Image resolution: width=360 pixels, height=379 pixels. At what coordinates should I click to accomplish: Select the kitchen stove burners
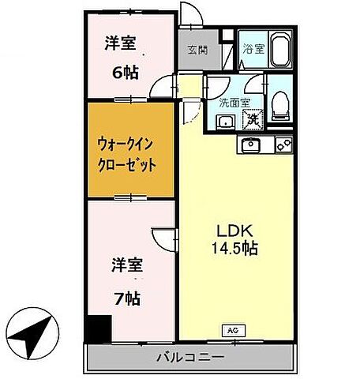(283, 144)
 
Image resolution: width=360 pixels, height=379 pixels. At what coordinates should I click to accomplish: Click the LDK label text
(234, 231)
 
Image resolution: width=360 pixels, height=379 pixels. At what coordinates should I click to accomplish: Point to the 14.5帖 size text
(234, 249)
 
